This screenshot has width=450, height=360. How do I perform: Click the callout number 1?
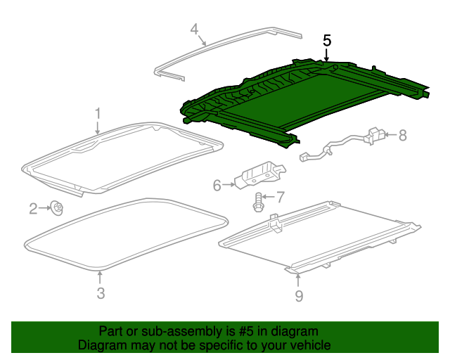[x=98, y=112]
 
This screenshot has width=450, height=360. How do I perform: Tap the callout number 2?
[x=33, y=208]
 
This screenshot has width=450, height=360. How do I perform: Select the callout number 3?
[x=101, y=293]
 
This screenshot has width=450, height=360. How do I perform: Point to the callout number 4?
[x=195, y=29]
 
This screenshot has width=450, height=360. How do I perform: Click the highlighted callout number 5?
[x=327, y=40]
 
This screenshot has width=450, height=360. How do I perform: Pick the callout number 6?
[x=217, y=185]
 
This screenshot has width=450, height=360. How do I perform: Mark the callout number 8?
[x=402, y=135]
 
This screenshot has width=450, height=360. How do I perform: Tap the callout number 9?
[x=299, y=296]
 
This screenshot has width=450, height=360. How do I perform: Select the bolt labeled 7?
[x=258, y=202]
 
